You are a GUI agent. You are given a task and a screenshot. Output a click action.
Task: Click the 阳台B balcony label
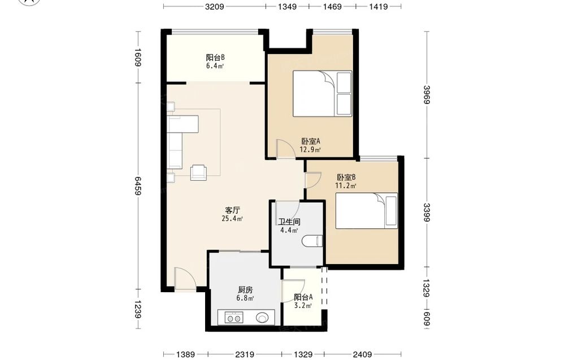click(x=215, y=58)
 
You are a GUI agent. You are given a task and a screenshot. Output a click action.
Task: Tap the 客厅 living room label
click(x=232, y=210)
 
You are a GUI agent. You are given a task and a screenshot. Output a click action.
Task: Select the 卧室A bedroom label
click(x=311, y=141)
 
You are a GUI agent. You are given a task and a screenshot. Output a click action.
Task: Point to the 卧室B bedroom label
click(x=346, y=177)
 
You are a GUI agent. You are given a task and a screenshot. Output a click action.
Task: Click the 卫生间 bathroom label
click(x=289, y=222)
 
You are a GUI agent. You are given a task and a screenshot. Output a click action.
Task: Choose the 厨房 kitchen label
click(x=245, y=290)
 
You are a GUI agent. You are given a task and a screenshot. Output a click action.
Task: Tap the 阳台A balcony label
click(x=303, y=297)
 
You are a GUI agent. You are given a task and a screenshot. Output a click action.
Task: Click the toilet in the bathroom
click(x=312, y=241)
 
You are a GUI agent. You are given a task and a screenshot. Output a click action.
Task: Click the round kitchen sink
click(x=262, y=318)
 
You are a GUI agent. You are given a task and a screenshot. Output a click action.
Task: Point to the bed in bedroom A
click(x=322, y=94)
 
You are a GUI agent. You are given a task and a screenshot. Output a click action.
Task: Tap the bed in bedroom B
click(x=367, y=211)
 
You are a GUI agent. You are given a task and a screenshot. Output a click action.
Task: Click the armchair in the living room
click(x=198, y=172)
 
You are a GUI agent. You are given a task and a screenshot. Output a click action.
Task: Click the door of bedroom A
click(x=285, y=149)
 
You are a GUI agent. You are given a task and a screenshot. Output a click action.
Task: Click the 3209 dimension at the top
click(x=215, y=6)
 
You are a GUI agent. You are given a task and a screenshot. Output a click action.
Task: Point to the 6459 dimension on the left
click(x=137, y=186)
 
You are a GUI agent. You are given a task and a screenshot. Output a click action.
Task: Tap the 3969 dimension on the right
click(x=426, y=94)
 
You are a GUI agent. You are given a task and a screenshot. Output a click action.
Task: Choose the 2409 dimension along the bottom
click(x=362, y=354)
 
